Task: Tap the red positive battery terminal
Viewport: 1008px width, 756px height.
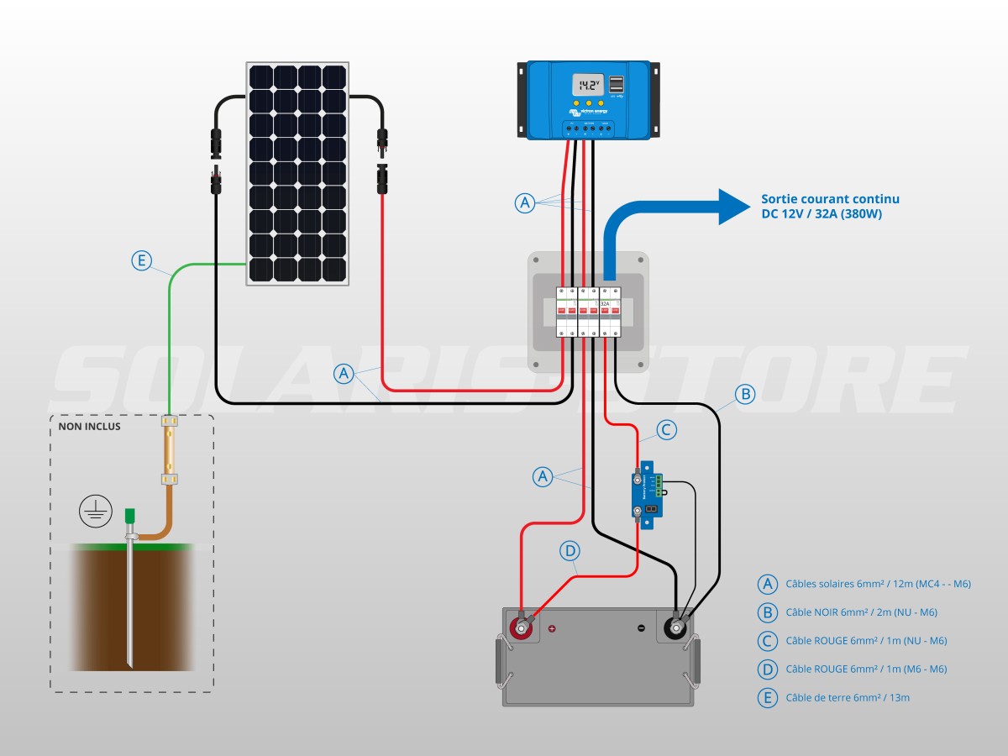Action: (x=521, y=628)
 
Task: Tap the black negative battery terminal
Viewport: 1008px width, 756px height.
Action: (x=675, y=627)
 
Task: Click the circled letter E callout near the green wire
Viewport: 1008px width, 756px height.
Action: (x=142, y=261)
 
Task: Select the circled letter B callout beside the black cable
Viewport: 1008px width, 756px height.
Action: (x=744, y=393)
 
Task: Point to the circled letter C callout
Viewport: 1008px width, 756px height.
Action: (x=665, y=430)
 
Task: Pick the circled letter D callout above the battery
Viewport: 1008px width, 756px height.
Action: (x=570, y=551)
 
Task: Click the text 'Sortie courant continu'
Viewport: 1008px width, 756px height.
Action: (x=830, y=199)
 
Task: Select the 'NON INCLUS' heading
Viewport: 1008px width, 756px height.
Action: (x=89, y=427)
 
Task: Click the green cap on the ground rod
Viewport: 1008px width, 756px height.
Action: (x=130, y=515)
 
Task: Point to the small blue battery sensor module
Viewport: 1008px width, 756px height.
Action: (x=648, y=492)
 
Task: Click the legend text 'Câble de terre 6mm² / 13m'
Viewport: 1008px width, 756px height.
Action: (x=848, y=697)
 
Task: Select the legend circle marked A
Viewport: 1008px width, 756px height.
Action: (x=767, y=584)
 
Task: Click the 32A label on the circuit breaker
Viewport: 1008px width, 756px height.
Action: (x=605, y=302)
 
